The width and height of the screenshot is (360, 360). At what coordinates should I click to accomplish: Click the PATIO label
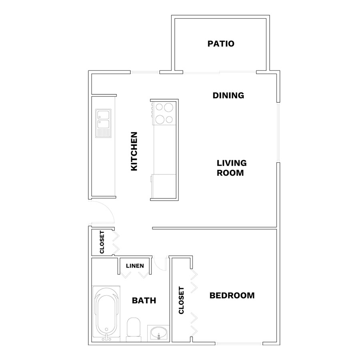point(221,44)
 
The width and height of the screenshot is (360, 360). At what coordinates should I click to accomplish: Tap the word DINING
point(228,95)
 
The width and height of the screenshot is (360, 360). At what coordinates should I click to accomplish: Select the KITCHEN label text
point(134,151)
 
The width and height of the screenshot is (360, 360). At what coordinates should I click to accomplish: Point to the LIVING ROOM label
point(232,168)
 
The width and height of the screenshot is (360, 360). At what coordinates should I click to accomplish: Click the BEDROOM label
point(232,296)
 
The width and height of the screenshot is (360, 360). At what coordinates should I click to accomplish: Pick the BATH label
point(144,300)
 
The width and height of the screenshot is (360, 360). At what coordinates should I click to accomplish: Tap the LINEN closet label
point(135,266)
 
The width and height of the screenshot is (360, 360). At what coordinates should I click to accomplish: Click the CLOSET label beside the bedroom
point(181,300)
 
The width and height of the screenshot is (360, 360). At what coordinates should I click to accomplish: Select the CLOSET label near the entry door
point(102,242)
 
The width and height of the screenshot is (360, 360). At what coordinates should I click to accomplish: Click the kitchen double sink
point(103,123)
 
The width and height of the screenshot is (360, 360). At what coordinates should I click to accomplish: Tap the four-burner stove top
point(164,113)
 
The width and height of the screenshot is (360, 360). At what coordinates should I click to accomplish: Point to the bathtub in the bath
point(106,314)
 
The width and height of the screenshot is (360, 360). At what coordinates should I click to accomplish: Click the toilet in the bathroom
point(133,330)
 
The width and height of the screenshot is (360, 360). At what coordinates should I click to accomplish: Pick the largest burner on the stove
point(168,107)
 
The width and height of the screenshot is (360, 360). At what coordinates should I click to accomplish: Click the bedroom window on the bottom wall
point(239,344)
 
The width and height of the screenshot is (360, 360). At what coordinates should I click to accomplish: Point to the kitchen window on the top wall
point(145,72)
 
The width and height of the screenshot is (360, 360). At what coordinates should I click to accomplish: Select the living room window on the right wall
point(278,132)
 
